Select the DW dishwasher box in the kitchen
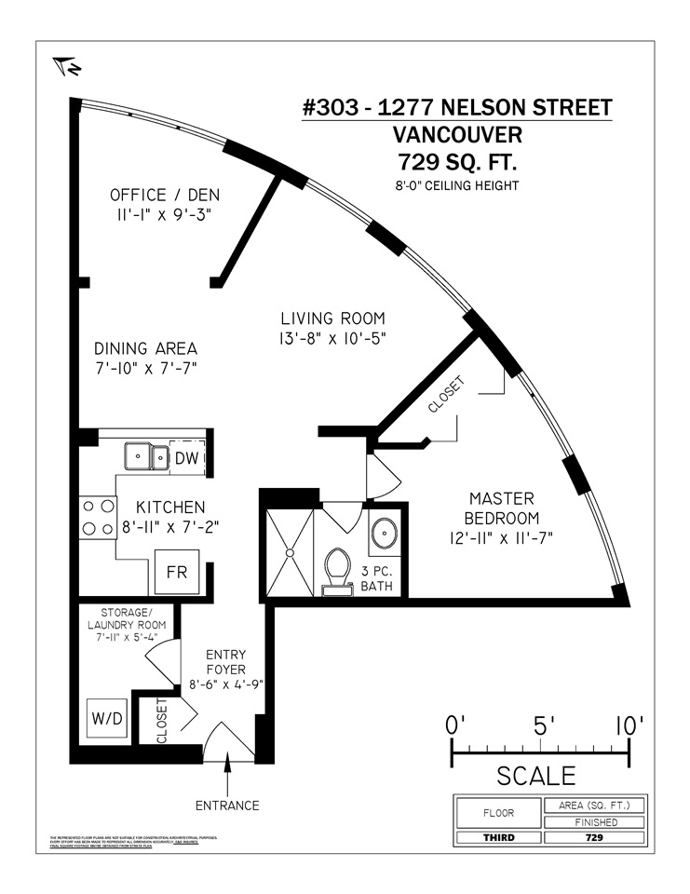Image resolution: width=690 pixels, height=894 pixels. pos(185,457)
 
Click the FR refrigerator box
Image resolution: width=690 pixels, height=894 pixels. pos(176,571)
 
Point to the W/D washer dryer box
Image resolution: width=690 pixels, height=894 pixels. pos(104,719)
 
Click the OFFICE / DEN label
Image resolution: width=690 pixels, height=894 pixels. pos(158,196)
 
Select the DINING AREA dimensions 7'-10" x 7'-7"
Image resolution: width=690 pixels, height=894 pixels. pos(145,369)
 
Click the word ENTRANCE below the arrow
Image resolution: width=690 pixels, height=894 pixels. pos(228,805)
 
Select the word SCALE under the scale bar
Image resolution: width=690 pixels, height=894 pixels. pos(535,775)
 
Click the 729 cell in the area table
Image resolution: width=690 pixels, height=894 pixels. pos(594,838)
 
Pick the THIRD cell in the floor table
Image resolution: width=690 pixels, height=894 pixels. pos(497,838)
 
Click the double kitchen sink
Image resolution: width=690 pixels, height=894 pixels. pos(147,457)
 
